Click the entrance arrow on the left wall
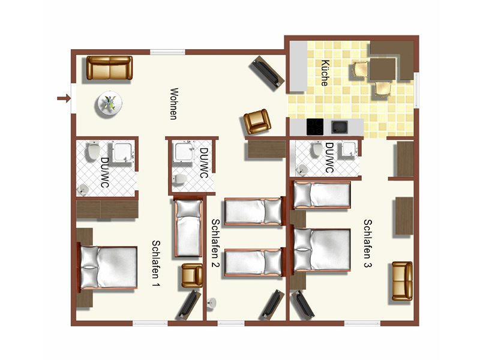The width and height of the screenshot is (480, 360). pyautogui.click(x=64, y=98)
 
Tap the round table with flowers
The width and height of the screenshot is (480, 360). pyautogui.click(x=109, y=103)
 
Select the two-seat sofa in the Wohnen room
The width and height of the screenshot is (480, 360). pyautogui.click(x=110, y=68)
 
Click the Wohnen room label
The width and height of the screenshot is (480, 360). pyautogui.click(x=174, y=104)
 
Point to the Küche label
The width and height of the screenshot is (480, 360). pyautogui.click(x=325, y=73)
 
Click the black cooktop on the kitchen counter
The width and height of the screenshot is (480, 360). pyautogui.click(x=315, y=127)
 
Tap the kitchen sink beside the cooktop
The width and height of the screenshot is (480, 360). pyautogui.click(x=340, y=127)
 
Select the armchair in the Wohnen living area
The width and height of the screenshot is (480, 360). pyautogui.click(x=257, y=122)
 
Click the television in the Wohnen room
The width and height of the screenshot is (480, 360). pyautogui.click(x=267, y=73)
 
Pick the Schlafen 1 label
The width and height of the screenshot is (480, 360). pyautogui.click(x=156, y=263)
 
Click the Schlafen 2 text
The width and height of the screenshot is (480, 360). pyautogui.click(x=215, y=243)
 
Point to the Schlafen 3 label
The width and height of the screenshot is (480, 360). pyautogui.click(x=368, y=244)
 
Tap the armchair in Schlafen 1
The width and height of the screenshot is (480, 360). pyautogui.click(x=192, y=275)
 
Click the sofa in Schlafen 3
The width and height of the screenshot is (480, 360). pyautogui.click(x=402, y=281)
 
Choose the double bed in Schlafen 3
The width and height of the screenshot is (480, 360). pyautogui.click(x=320, y=250)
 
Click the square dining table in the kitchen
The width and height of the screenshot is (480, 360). pyautogui.click(x=383, y=69)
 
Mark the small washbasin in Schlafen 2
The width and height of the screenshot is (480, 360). pyautogui.click(x=212, y=303)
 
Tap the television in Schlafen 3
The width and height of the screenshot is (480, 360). pyautogui.click(x=302, y=305)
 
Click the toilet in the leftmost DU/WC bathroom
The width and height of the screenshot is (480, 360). pyautogui.click(x=93, y=152)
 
